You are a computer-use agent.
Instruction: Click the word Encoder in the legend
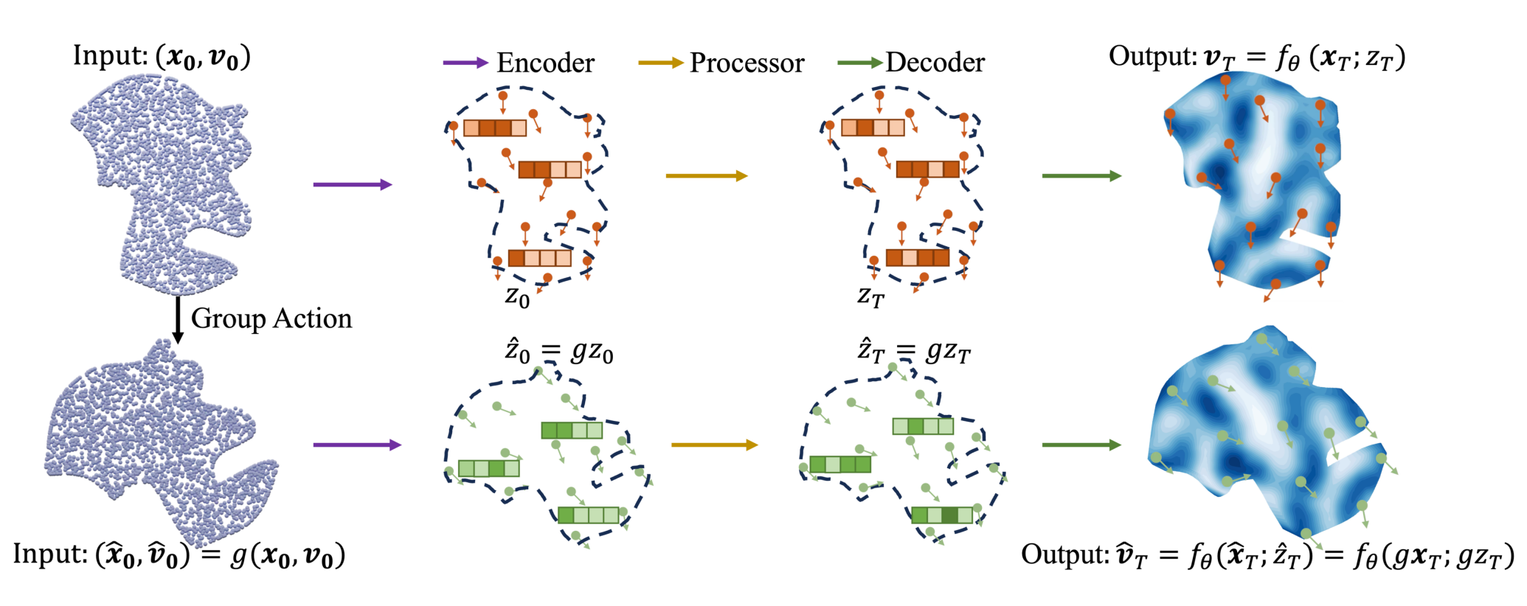pyautogui.click(x=545, y=63)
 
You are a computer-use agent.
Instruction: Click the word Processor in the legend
pyautogui.click(x=747, y=63)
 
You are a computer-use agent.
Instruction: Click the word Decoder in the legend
pyautogui.click(x=935, y=63)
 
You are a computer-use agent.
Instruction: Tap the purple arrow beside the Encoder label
pyautogui.click(x=465, y=63)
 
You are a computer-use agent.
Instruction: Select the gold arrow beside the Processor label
pyautogui.click(x=661, y=63)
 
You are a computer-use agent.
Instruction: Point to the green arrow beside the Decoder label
pyautogui.click(x=860, y=63)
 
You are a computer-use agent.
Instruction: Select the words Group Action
pyautogui.click(x=271, y=318)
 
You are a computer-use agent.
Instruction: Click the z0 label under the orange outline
pyautogui.click(x=517, y=297)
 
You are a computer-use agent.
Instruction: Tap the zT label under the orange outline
pyautogui.click(x=870, y=297)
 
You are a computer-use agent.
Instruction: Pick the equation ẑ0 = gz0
pyautogui.click(x=558, y=351)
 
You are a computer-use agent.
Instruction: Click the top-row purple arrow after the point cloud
pyautogui.click(x=353, y=184)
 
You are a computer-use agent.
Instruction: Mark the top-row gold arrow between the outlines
pyautogui.click(x=707, y=175)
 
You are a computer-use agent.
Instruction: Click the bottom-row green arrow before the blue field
pyautogui.click(x=1081, y=445)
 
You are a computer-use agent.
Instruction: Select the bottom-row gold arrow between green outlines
pyautogui.click(x=715, y=445)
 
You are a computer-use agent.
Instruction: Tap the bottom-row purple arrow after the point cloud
pyautogui.click(x=357, y=445)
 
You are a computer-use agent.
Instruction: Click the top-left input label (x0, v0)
pyautogui.click(x=162, y=57)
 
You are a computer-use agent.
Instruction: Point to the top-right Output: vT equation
pyautogui.click(x=1257, y=57)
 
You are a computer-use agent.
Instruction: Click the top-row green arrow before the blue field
pyautogui.click(x=1081, y=175)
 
